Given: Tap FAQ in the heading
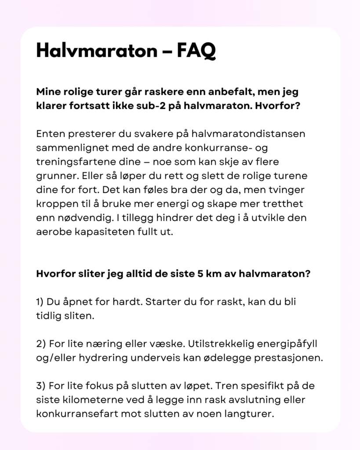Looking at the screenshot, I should coord(196,51).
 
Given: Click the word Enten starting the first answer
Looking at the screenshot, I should coord(50,133).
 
